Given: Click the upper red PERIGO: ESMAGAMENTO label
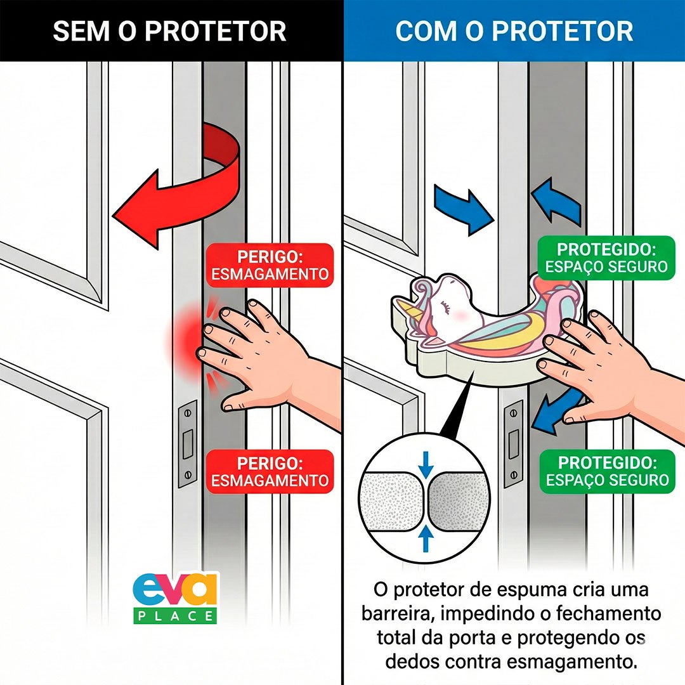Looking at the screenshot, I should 270,265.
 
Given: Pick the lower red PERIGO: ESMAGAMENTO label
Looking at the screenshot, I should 270,471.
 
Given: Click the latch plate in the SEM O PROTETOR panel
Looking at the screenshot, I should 188,443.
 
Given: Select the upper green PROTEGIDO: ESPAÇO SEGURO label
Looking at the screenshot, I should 607,257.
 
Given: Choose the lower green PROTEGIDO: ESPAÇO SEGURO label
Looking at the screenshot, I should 607,471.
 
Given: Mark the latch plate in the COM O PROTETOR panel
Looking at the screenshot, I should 513,443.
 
